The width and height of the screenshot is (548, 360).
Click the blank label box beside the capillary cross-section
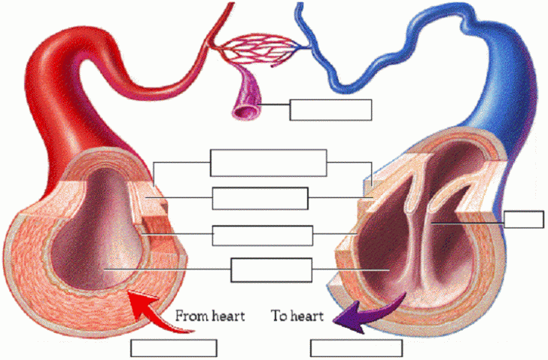pos(330,109)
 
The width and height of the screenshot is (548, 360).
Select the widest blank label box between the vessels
pos(268,163)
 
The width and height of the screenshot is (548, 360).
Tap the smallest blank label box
pos(523,220)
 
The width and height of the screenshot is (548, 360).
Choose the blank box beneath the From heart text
pos(174,348)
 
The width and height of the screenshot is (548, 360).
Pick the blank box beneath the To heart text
pos(356,348)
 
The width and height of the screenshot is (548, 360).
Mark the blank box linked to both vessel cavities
pos(271,269)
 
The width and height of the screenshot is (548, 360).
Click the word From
pos(191,316)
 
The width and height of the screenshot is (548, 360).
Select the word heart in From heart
pos(227,316)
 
